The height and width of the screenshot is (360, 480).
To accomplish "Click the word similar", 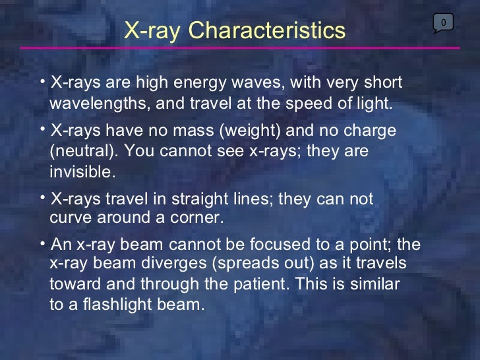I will [375, 285].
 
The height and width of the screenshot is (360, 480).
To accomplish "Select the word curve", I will [71, 218].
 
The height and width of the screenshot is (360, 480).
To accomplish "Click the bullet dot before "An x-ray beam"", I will [42, 243].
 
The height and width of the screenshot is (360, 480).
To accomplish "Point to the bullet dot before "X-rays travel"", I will [42, 197].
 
